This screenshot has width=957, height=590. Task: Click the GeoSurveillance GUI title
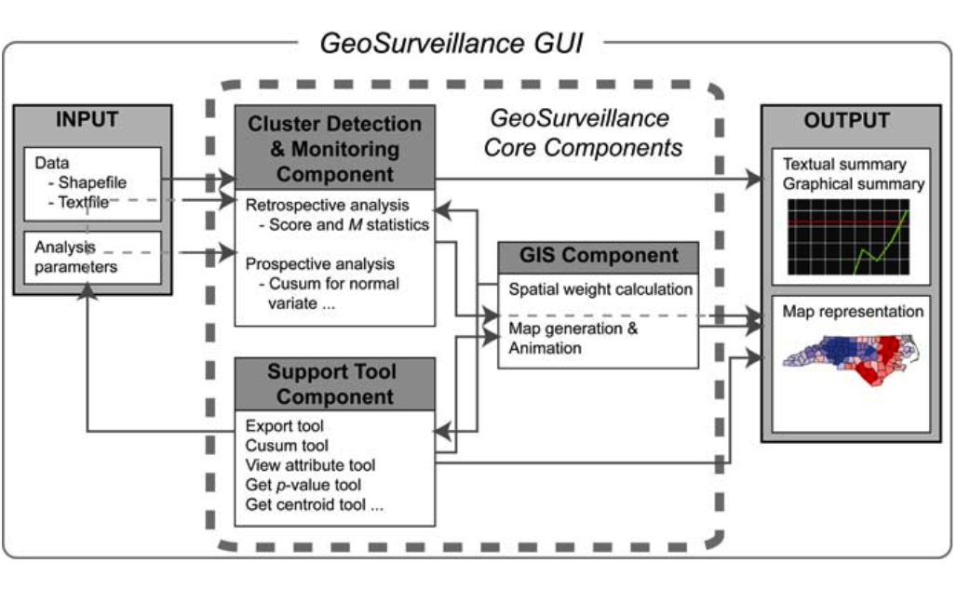pos(452,43)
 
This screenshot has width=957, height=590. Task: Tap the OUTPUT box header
pos(845,121)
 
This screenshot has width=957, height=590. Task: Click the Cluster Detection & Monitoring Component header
pos(334,148)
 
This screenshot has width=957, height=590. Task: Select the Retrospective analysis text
pos(326,205)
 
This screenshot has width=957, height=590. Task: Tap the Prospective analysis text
pos(320,264)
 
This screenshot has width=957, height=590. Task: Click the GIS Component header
pos(598,256)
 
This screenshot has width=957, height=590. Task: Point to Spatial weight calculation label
pos(600,289)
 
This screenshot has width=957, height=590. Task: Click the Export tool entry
pos(285,427)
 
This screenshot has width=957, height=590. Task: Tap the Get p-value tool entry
pos(303,486)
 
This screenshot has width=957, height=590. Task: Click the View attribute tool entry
pos(310,465)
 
